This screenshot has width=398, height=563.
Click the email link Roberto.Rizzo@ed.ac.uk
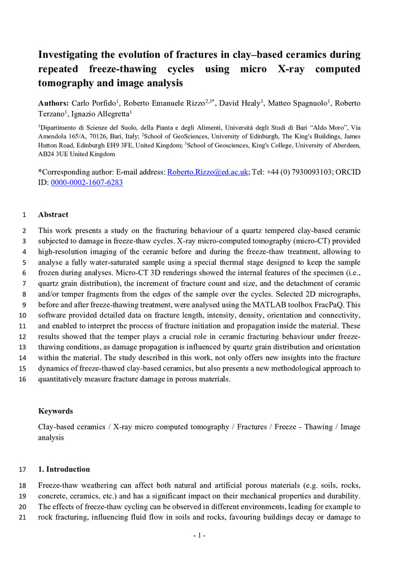208,172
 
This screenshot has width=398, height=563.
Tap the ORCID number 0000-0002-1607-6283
87,182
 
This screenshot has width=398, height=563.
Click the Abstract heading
53,215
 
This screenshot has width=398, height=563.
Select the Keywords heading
55,412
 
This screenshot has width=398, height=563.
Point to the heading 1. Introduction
64,469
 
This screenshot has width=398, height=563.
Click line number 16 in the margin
23,379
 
